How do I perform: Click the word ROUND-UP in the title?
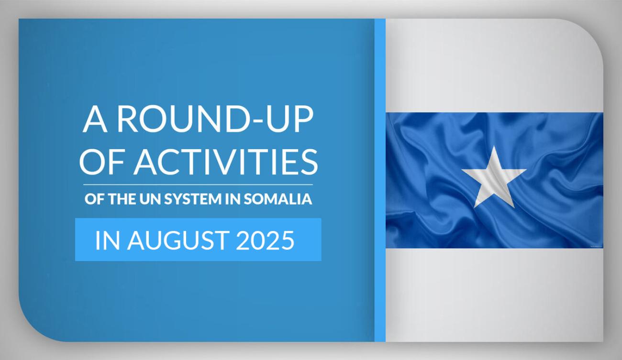coord(215,120)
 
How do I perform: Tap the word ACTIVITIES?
coord(226,162)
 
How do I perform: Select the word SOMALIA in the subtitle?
coord(278,199)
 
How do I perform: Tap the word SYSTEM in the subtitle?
coord(193,199)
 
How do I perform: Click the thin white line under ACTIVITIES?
coord(198,185)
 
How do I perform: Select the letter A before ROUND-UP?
coord(95,120)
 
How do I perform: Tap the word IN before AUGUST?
coord(108,240)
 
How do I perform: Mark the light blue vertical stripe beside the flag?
coord(380,180)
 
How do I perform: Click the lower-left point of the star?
coord(475,207)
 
